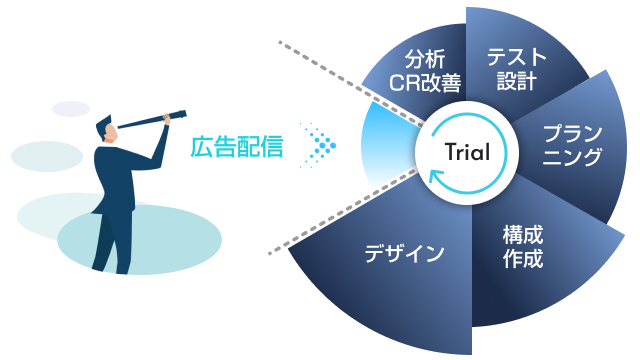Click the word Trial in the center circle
tap(467, 152)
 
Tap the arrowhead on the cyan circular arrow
tap(435, 177)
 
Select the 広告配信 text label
tap(237, 147)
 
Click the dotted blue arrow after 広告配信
tap(318, 145)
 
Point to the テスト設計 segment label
tap(516, 69)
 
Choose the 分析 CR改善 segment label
tap(425, 71)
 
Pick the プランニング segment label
tap(572, 145)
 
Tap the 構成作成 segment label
tap(523, 246)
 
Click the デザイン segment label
tap(404, 253)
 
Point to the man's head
tap(107, 129)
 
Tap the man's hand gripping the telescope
tap(167, 119)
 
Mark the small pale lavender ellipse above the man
tap(71, 109)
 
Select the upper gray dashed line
tap(351, 82)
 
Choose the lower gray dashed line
tap(343, 211)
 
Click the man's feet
tap(110, 270)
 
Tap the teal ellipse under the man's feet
tap(140, 239)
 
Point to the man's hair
tap(103, 124)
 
